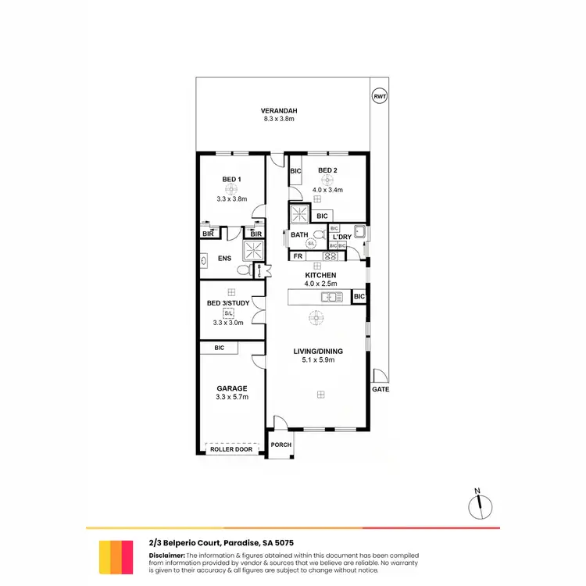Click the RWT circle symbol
pyautogui.click(x=379, y=95)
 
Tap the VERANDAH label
pyautogui.click(x=279, y=110)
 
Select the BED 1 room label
pyautogui.click(x=231, y=180)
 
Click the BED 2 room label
pyautogui.click(x=327, y=170)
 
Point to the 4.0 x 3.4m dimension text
pyautogui.click(x=327, y=190)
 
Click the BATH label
pyautogui.click(x=299, y=234)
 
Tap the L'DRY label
pyautogui.click(x=341, y=237)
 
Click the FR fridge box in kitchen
pyautogui.click(x=298, y=255)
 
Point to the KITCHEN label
pyautogui.click(x=320, y=276)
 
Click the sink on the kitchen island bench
pyautogui.click(x=332, y=297)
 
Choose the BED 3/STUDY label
pyautogui.click(x=228, y=303)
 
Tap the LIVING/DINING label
pyautogui.click(x=318, y=351)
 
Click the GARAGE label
pyautogui.click(x=231, y=388)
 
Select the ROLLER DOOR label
pyautogui.click(x=231, y=448)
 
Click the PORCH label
pyautogui.click(x=280, y=445)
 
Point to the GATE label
pyautogui.click(x=381, y=388)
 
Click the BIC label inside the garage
pyautogui.click(x=219, y=348)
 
